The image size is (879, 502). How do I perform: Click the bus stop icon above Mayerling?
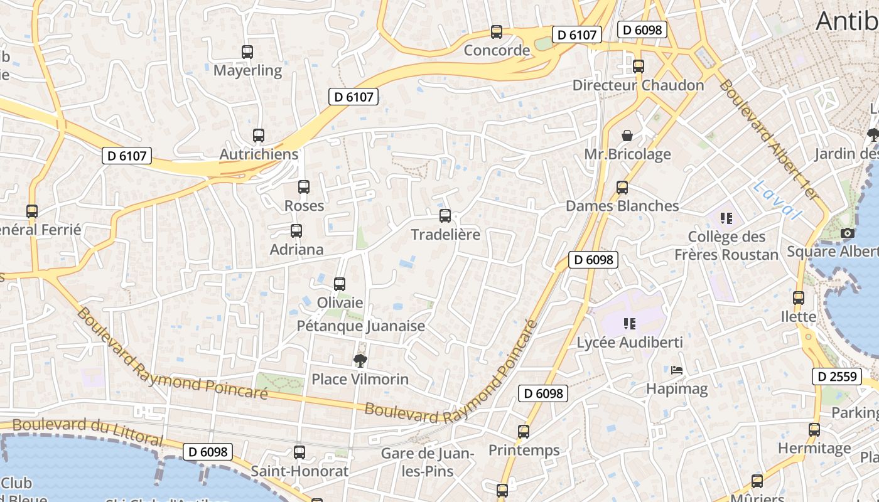(247, 52)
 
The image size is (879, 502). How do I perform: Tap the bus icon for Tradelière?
(445, 216)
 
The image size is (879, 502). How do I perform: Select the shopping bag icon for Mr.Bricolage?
(627, 136)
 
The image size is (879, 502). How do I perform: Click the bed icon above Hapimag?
(677, 370)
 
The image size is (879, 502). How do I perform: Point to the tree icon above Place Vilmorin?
(360, 360)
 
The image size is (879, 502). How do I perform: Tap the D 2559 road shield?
(838, 376)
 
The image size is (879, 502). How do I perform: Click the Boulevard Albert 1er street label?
(769, 140)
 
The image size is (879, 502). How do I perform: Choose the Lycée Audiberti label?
(630, 343)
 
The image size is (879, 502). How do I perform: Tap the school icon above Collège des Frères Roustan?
(726, 218)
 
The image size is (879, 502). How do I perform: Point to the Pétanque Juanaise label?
(360, 326)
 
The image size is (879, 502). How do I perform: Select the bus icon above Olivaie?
(340, 284)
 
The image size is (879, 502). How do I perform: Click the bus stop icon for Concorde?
(497, 32)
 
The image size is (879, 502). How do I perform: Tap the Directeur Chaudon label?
(638, 85)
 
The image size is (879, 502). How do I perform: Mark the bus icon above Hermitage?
(814, 430)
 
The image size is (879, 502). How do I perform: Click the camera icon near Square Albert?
(848, 233)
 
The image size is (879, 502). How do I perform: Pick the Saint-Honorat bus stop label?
(299, 471)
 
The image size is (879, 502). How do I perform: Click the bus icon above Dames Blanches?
(622, 188)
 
